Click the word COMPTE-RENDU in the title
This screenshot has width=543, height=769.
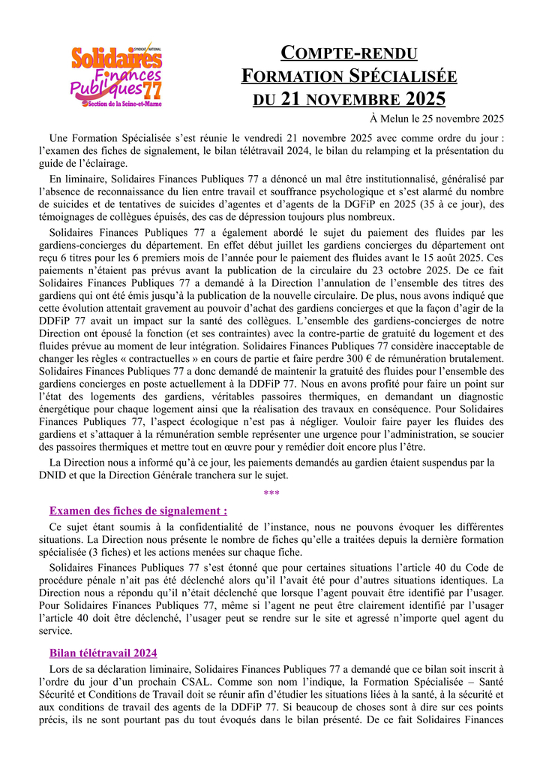click(x=349, y=53)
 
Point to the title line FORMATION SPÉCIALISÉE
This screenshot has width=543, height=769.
click(x=349, y=76)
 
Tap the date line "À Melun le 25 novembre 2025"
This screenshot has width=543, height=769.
click(x=436, y=119)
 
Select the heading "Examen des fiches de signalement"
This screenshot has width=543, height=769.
click(x=138, y=511)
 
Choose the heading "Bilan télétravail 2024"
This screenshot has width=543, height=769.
click(x=103, y=653)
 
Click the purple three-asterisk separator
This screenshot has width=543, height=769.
click(x=271, y=493)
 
